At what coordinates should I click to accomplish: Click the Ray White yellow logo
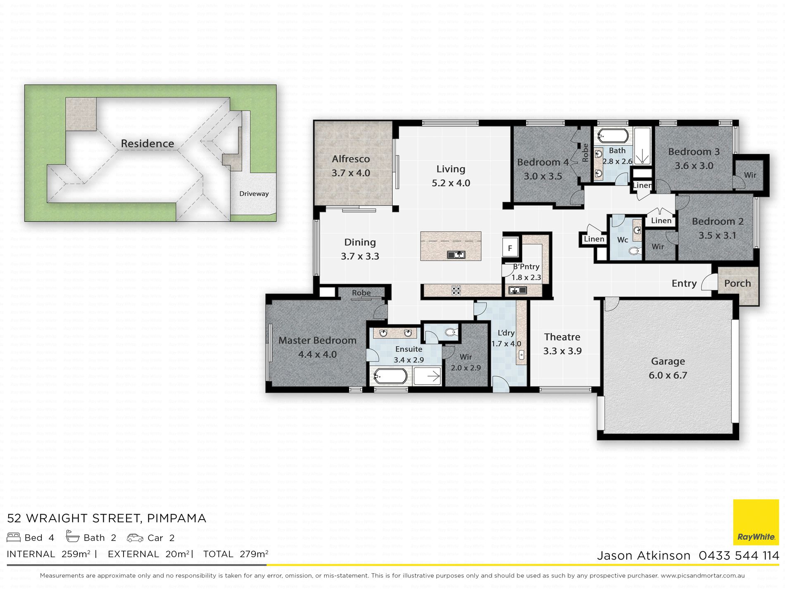756,522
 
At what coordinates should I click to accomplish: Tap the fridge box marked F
510,248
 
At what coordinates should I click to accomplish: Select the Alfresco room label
351,159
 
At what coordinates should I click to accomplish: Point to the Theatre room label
562,337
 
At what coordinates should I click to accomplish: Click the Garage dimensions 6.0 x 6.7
668,375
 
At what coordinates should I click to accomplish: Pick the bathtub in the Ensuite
390,376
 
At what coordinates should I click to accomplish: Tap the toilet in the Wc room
634,250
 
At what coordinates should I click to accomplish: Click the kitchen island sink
456,255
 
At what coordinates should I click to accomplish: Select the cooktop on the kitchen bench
456,290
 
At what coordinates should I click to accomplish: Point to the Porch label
737,283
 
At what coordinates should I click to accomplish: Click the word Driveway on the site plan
254,193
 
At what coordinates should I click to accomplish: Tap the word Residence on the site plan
147,143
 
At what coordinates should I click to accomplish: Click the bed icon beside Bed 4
14,537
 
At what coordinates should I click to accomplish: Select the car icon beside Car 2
135,538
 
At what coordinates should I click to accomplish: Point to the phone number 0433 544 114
739,556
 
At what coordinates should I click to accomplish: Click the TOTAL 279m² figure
235,554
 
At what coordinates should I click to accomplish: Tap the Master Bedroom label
317,341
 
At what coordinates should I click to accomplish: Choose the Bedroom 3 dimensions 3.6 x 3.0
694,166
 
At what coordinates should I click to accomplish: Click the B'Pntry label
526,267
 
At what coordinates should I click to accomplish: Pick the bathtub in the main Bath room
613,135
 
